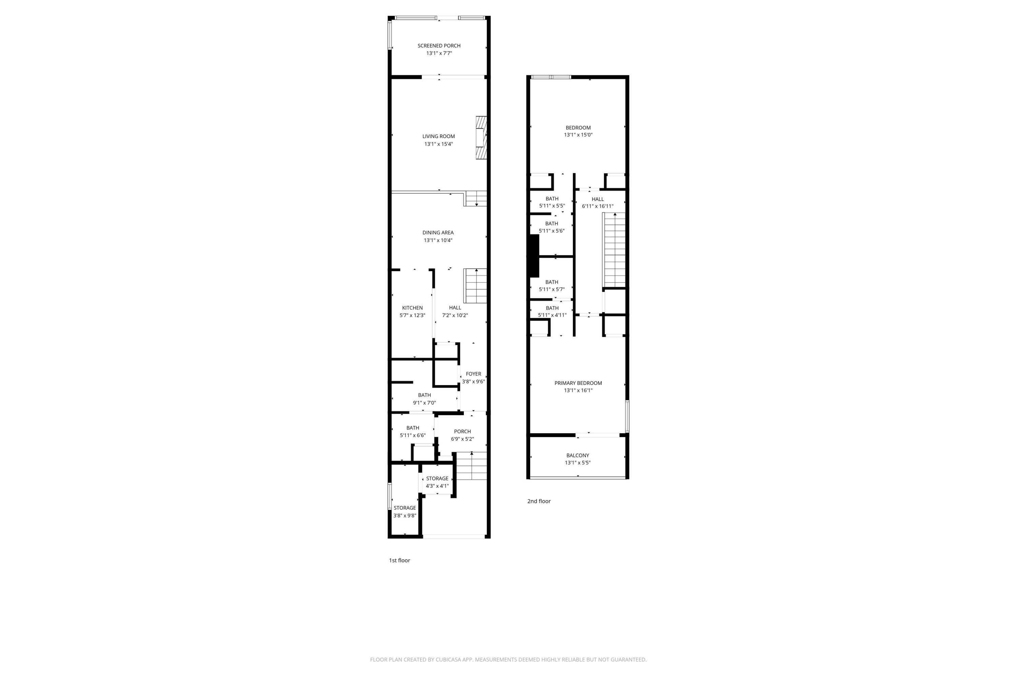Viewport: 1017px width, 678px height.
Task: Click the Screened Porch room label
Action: [x=439, y=45]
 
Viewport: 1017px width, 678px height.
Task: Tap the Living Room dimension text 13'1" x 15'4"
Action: [x=438, y=144]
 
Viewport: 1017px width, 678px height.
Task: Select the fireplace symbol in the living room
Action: [x=481, y=138]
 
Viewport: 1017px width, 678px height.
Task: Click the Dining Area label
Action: [x=438, y=233]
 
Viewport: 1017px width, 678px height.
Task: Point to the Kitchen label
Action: [x=412, y=308]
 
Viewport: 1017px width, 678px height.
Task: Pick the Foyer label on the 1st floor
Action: [x=474, y=374]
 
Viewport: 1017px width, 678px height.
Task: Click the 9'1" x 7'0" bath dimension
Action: [x=424, y=403]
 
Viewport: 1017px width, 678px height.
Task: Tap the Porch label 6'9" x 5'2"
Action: [x=462, y=435]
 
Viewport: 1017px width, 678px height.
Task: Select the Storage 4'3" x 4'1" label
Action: [x=437, y=482]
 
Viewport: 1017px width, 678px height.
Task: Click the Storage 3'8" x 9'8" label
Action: [x=405, y=512]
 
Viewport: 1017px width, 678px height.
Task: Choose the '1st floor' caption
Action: [x=399, y=560]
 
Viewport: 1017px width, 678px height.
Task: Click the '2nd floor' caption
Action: [x=539, y=501]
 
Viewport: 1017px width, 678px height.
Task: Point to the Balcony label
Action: [x=578, y=455]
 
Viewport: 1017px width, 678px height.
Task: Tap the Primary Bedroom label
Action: [x=578, y=383]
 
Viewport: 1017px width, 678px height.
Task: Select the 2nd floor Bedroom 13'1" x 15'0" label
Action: [x=578, y=131]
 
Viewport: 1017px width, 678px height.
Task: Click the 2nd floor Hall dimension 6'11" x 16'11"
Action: [x=598, y=206]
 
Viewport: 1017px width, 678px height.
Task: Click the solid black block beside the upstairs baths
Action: [x=535, y=256]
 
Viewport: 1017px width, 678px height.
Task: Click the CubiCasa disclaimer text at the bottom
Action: [x=508, y=659]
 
